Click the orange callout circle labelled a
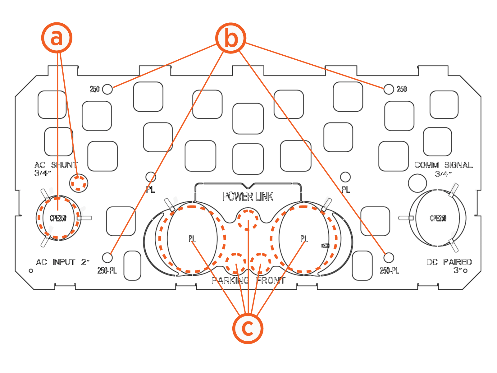tap(57, 38)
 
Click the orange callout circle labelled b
tap(231, 38)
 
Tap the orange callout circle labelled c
tap(248, 328)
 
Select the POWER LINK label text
tap(248, 196)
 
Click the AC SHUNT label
tap(56, 165)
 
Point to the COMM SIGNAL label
tap(443, 165)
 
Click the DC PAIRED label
tap(449, 262)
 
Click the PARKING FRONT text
tap(248, 281)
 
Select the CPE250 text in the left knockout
tap(58, 218)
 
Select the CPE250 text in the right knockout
tap(438, 218)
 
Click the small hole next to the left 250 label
tap(107, 89)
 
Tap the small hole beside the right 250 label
tap(388, 89)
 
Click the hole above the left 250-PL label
tap(107, 257)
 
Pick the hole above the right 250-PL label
tap(389, 257)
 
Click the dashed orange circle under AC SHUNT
tap(78, 183)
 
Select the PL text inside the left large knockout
tap(192, 239)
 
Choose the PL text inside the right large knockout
tap(304, 239)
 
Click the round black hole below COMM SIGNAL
tap(417, 183)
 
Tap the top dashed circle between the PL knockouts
tap(248, 219)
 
